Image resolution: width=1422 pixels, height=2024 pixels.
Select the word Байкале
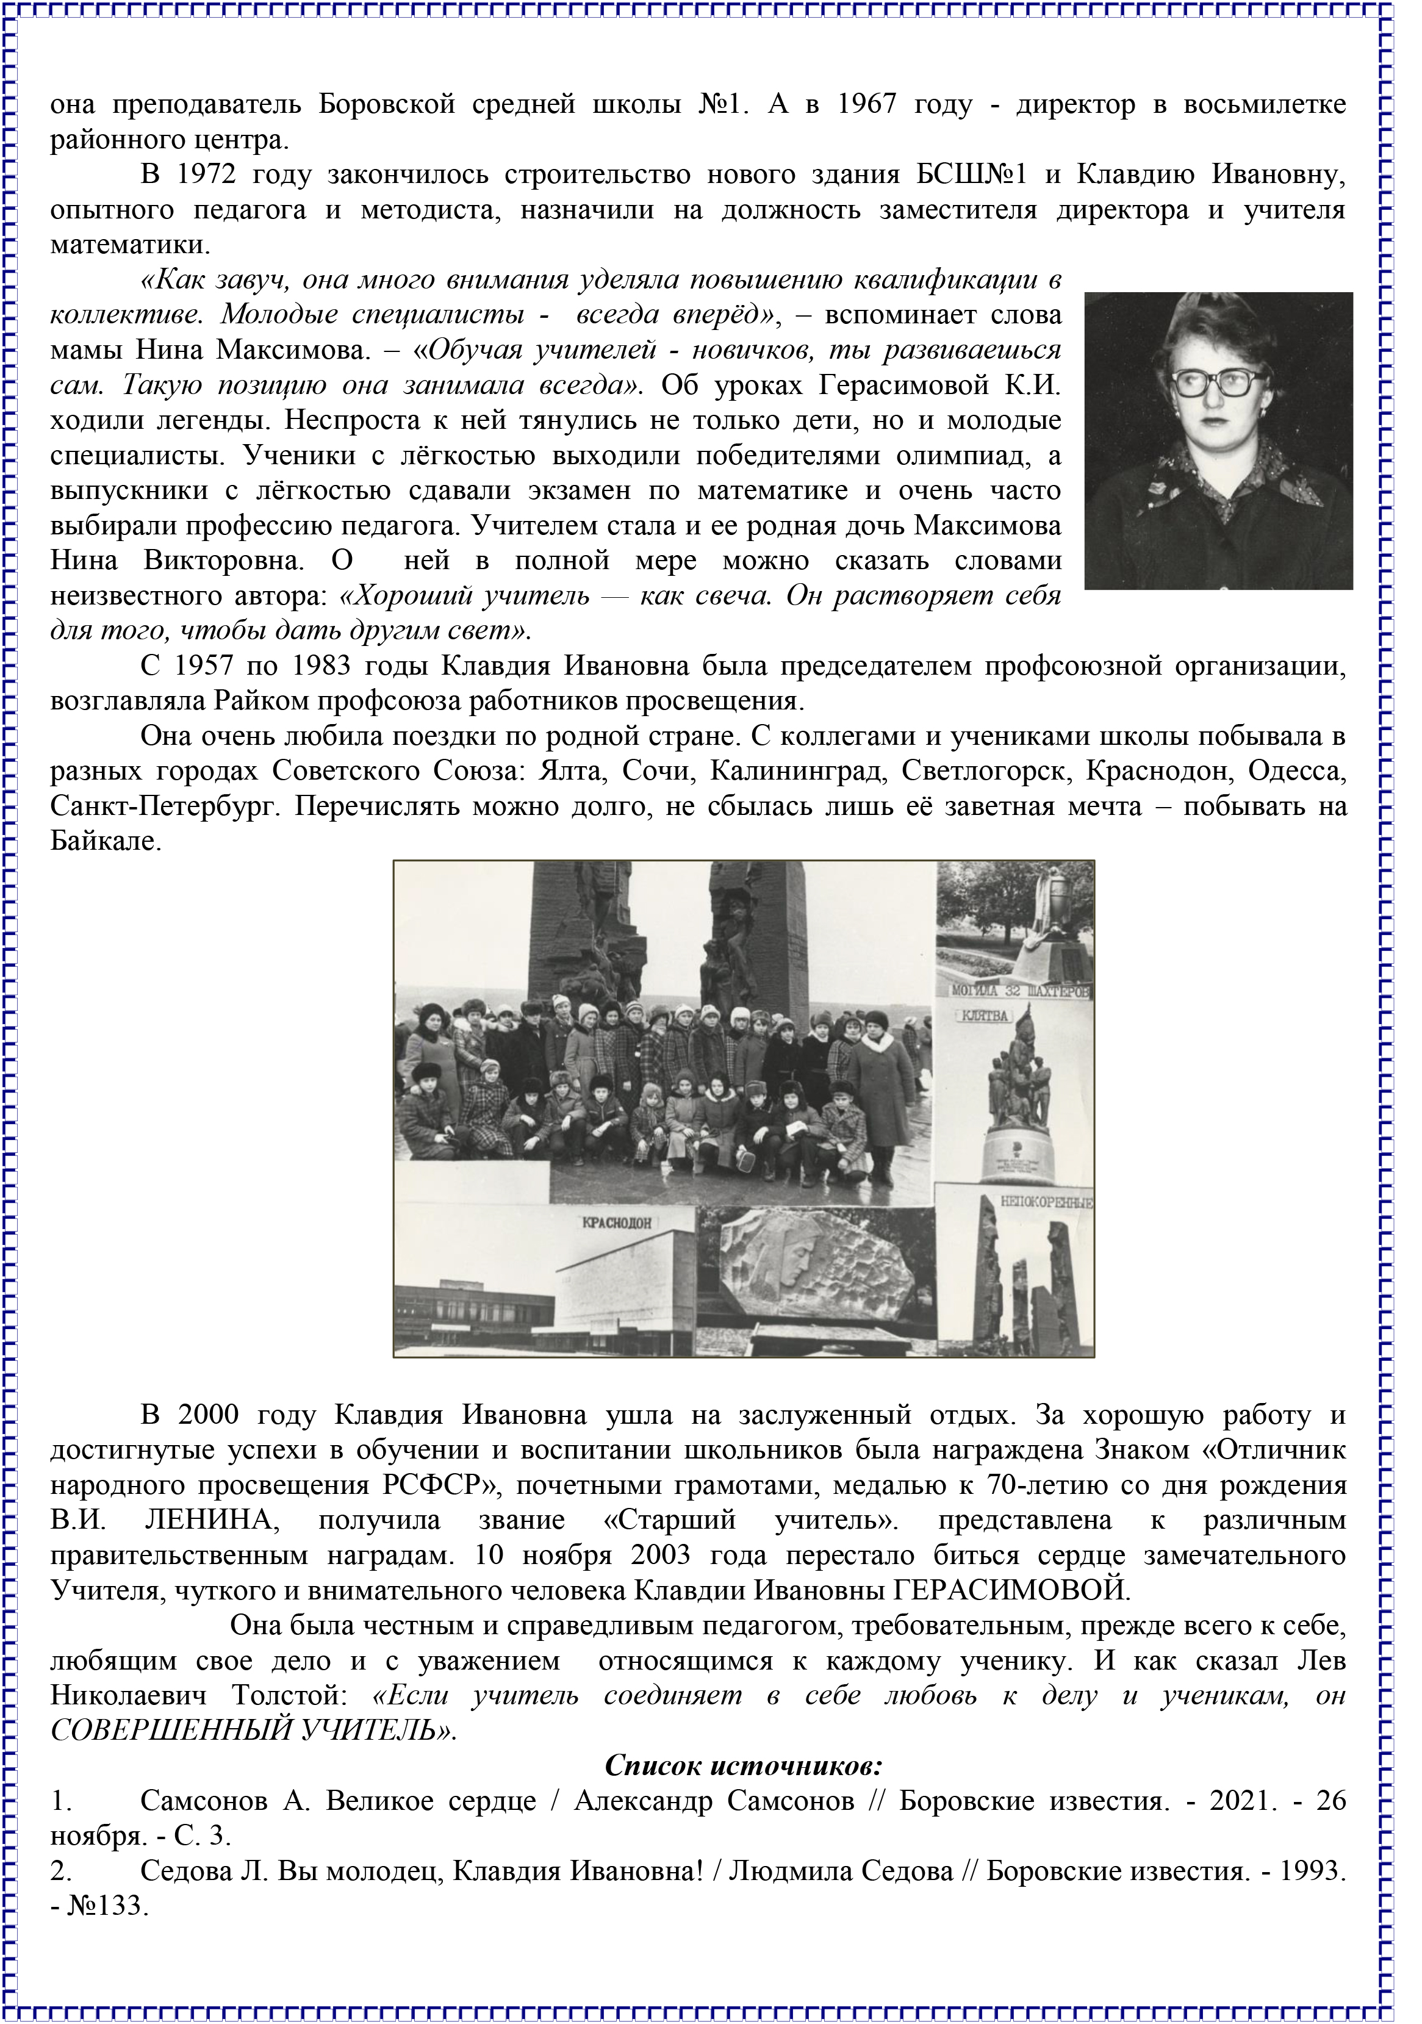(x=106, y=842)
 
